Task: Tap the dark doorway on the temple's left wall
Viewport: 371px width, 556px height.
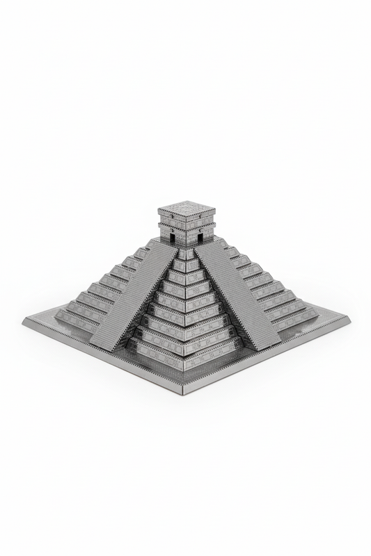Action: (171, 236)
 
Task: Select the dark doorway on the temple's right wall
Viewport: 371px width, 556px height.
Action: (201, 236)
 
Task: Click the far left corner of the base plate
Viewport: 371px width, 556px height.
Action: (25, 321)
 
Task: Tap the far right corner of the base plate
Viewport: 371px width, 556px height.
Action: (347, 320)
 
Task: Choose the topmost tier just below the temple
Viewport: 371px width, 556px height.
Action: (186, 254)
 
